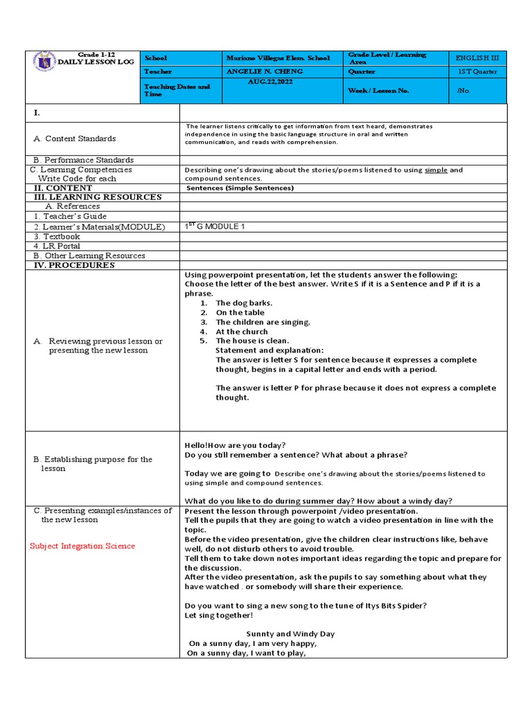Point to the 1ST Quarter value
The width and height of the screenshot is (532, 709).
477,72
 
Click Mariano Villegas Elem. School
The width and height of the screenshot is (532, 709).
278,58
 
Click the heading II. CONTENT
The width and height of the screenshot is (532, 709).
63,188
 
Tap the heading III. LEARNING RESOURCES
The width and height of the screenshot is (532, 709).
98,197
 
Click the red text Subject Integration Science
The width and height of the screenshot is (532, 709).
82,546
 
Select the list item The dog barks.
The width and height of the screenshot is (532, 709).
244,303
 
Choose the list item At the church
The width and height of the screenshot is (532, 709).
242,332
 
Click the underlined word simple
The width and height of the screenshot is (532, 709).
436,170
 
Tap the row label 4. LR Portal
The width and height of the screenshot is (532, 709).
57,246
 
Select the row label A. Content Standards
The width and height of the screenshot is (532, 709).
75,138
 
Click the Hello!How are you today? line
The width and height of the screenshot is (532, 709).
235,445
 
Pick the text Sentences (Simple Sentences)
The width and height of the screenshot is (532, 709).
240,188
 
